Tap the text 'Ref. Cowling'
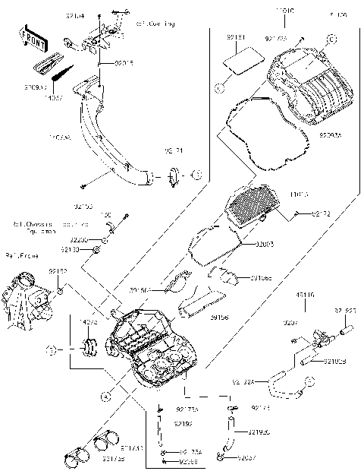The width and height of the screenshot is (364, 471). pyautogui.click(x=156, y=24)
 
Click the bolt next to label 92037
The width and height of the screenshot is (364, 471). pyautogui.click(x=220, y=457)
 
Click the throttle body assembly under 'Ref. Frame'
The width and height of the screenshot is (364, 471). pyautogui.click(x=26, y=300)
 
